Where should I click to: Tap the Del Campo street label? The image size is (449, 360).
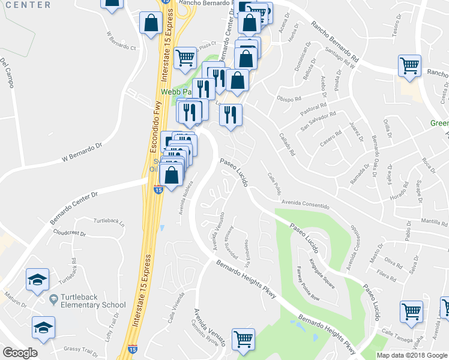7,73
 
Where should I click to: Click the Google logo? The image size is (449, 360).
20,352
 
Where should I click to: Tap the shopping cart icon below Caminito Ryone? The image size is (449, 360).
243,338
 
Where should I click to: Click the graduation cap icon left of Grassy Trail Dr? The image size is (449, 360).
43,328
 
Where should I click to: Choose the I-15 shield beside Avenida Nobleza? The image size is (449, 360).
158,190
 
